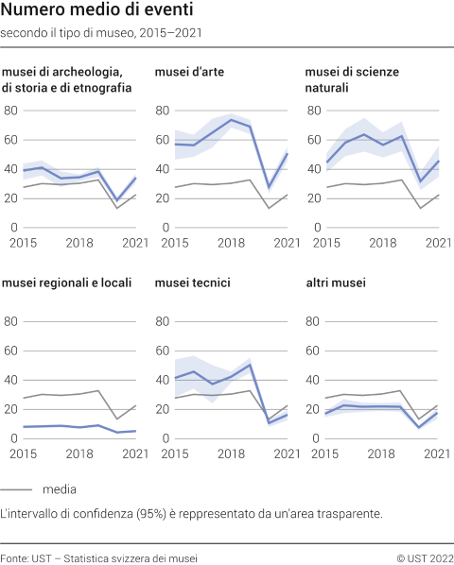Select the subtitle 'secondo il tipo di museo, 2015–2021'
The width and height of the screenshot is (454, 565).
100,32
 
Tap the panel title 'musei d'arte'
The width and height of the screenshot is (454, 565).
189,72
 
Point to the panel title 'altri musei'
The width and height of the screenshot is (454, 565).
336,282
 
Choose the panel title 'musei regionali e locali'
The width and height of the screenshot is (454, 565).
66,282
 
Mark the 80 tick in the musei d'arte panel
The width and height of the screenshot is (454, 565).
163,111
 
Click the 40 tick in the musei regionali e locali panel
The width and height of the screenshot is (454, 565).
11,380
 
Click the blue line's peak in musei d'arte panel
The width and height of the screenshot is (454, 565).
232,120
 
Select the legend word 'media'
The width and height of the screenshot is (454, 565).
59,489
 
